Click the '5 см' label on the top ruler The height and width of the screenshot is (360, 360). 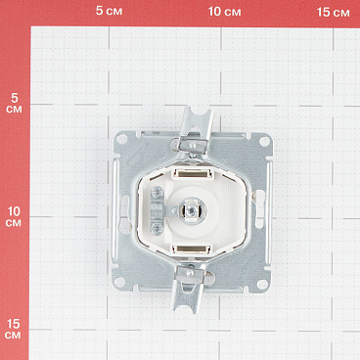click(x=109, y=11)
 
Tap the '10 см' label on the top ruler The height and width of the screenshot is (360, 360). click(x=225, y=12)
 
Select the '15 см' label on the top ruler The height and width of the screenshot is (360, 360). click(x=333, y=13)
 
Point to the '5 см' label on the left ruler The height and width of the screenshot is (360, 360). click(x=14, y=103)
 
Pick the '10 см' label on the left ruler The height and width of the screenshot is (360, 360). click(x=14, y=217)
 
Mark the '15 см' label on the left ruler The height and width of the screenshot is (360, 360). click(x=13, y=330)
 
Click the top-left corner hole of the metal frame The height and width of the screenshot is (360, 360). click(x=121, y=140)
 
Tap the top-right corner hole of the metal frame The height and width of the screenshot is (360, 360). click(x=264, y=141)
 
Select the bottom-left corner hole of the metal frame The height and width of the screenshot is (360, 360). click(x=119, y=282)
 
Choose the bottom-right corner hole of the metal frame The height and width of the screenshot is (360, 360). click(x=262, y=284)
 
